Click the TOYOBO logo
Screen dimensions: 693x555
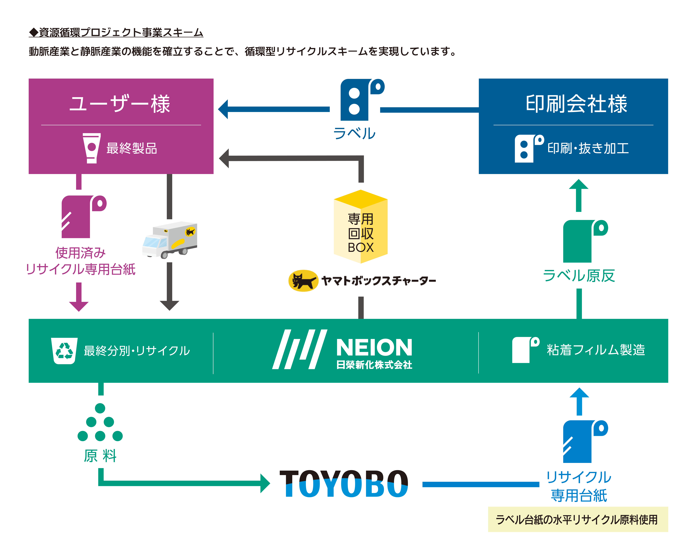pos(344,484)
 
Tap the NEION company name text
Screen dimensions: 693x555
pos(374,347)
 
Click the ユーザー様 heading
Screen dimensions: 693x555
pos(120,104)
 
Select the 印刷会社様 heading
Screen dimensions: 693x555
pos(576,104)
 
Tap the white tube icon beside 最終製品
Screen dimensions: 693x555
pos(92,148)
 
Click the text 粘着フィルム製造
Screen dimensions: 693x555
pos(596,350)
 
